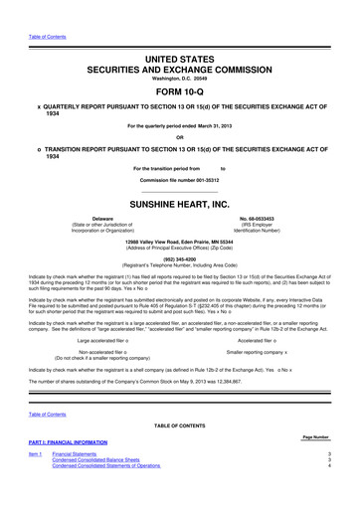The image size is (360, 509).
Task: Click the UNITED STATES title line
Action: pos(179,35)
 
